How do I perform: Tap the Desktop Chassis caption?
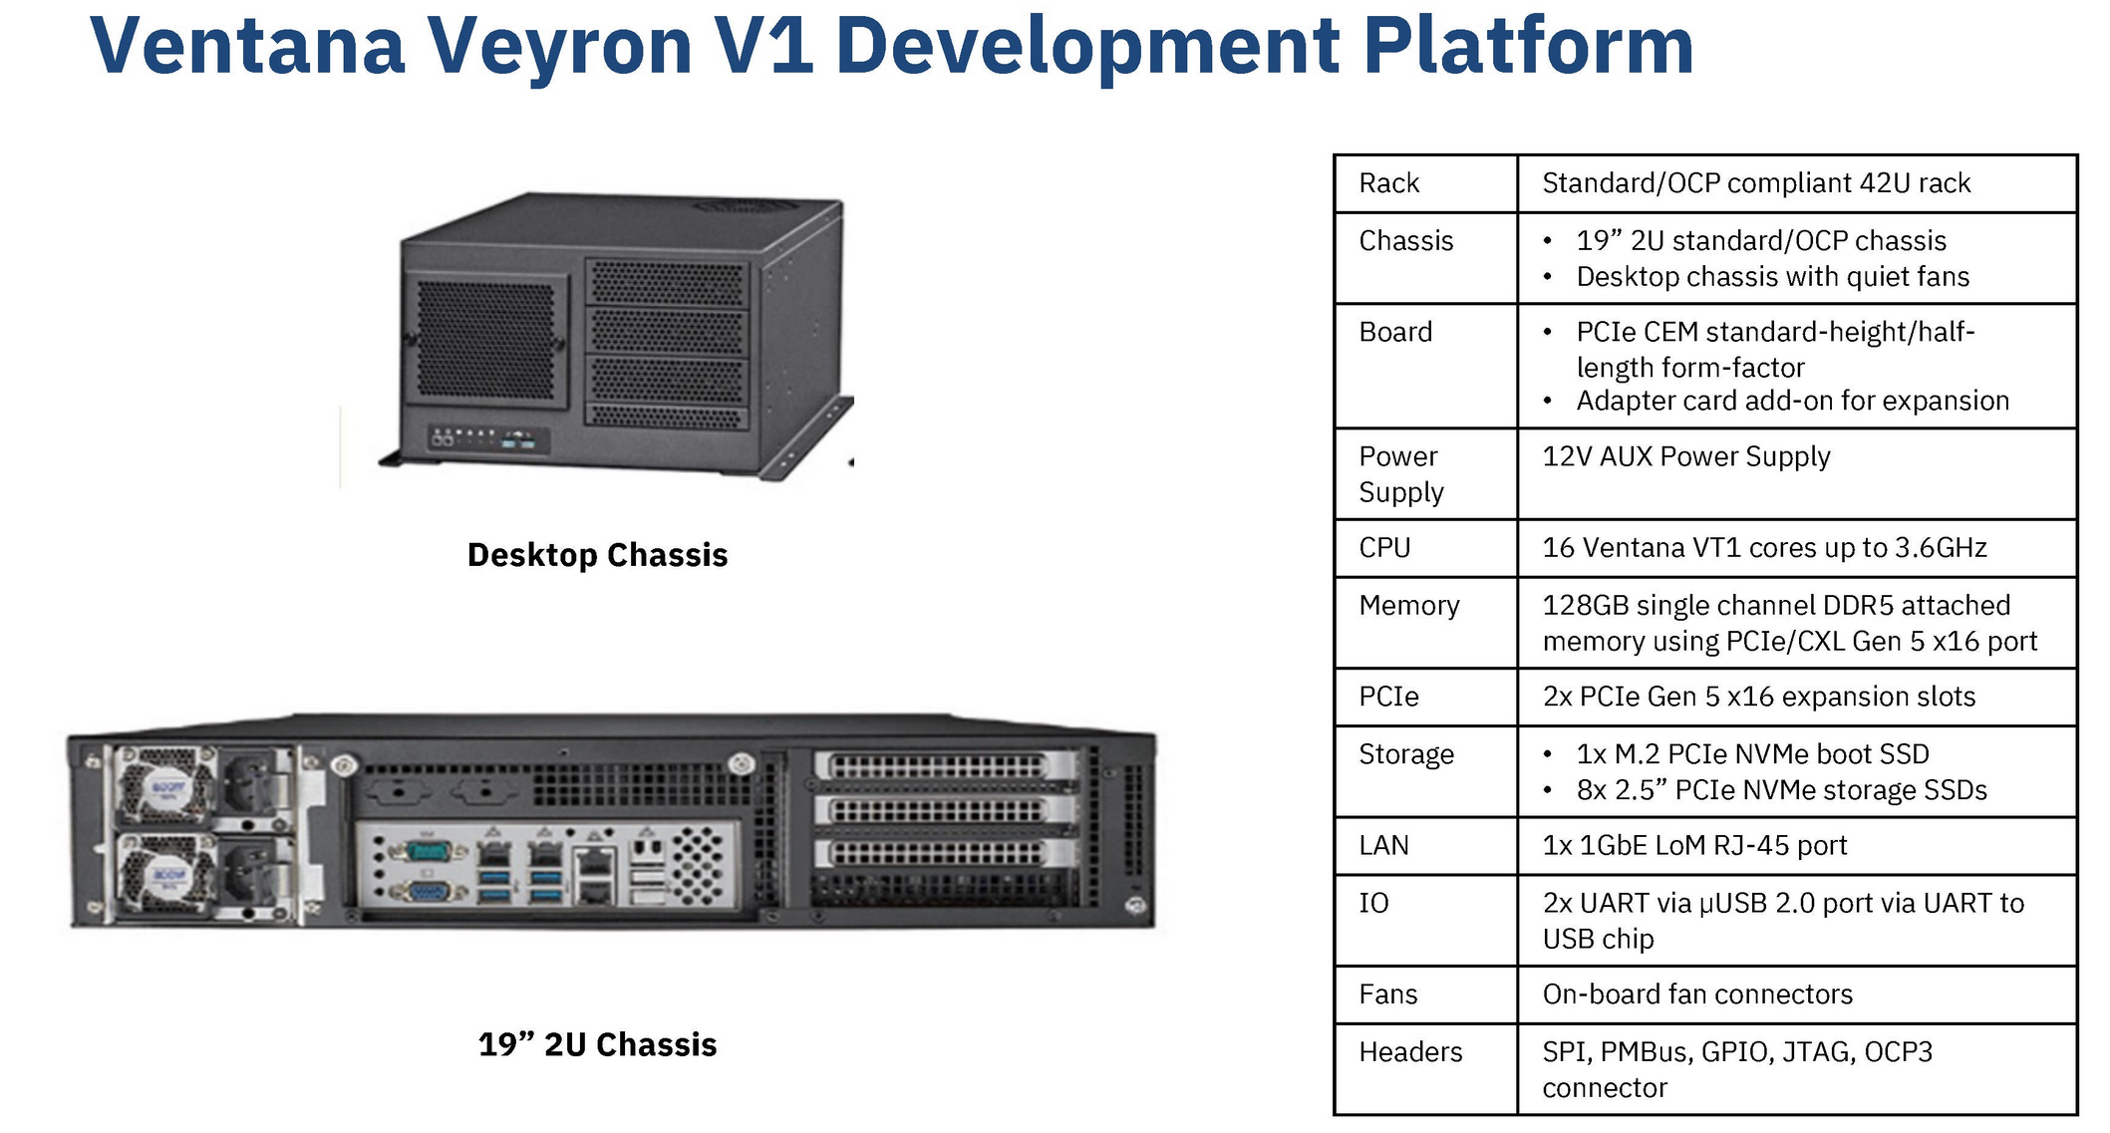coord(597,555)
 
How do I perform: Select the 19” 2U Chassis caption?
coord(597,1044)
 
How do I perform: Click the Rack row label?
coord(1388,183)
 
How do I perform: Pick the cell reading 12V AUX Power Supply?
coord(1685,456)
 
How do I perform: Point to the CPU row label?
coord(1384,548)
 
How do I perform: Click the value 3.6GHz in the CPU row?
coord(1940,548)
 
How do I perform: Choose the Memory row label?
coord(1408,606)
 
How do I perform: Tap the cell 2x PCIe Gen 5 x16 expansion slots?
coord(1758,697)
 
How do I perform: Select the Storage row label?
coord(1406,754)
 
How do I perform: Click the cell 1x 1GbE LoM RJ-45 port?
coord(1694,846)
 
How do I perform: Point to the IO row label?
coord(1373,903)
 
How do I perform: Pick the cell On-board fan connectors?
coord(1696,994)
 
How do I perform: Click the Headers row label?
coord(1410,1052)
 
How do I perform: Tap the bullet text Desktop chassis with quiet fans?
coord(1772,277)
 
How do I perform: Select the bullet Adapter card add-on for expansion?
coord(1792,401)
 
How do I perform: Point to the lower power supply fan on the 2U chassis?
coord(166,877)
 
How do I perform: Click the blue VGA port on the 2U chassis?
coord(428,892)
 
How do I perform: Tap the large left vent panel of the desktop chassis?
coord(485,339)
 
